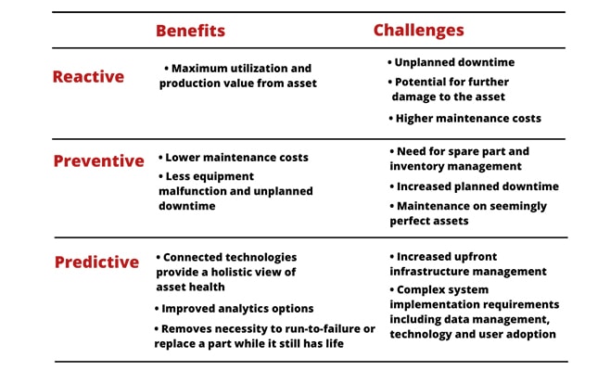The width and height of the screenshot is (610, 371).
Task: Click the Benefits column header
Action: (190, 31)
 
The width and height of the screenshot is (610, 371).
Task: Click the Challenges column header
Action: (418, 31)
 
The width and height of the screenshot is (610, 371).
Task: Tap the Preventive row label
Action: (98, 160)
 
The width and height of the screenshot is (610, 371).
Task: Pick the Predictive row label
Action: (96, 262)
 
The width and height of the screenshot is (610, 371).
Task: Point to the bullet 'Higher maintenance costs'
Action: (468, 119)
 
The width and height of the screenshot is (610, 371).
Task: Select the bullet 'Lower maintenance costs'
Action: (237, 158)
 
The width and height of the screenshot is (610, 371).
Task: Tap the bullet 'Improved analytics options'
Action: (237, 309)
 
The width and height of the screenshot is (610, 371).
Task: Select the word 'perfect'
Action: (419, 222)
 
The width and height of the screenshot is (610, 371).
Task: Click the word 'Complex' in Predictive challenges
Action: (424, 289)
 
